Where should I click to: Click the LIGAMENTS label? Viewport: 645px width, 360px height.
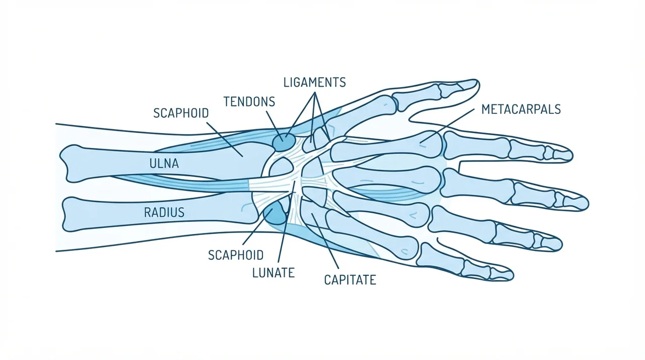tap(314, 82)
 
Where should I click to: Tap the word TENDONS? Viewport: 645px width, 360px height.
tap(249, 102)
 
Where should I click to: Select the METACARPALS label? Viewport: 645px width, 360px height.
tap(521, 109)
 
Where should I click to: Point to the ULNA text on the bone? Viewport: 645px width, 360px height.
tap(164, 163)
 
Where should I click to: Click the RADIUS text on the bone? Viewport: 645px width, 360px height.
tap(164, 213)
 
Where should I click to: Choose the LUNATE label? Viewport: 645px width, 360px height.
tap(274, 273)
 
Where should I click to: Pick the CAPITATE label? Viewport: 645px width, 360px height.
tap(350, 280)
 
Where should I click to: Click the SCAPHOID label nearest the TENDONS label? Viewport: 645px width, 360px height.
tap(181, 113)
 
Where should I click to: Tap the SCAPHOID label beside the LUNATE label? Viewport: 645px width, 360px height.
tap(236, 255)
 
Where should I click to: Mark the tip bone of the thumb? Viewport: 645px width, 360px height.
tap(467, 85)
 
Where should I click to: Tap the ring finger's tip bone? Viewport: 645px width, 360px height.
tap(551, 244)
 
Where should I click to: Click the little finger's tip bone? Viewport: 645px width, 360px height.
tap(502, 274)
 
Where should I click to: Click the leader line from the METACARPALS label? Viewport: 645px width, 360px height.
tap(447, 126)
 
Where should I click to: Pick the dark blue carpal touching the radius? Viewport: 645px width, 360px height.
tap(275, 213)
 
